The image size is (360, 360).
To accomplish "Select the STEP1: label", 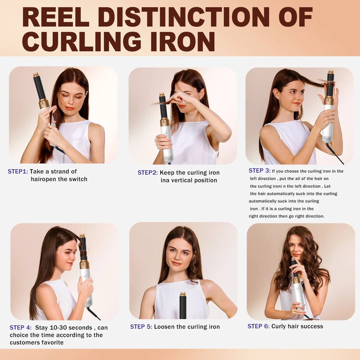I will (18, 172).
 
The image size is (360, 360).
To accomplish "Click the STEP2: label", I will (148, 172).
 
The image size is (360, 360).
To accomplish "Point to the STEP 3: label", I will (259, 171).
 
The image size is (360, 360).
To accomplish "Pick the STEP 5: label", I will (141, 327).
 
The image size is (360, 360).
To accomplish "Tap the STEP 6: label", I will (258, 326).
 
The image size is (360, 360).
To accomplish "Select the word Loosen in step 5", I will (164, 327).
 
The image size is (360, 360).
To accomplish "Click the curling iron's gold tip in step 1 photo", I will (36, 75).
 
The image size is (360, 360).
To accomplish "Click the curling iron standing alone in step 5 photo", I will (183, 306).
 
